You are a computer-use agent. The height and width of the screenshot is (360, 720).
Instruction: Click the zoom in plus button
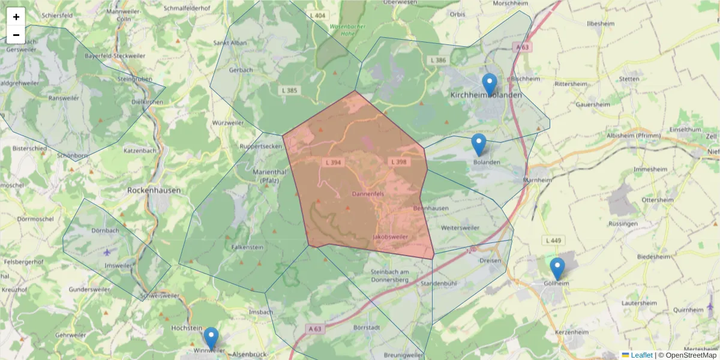16,17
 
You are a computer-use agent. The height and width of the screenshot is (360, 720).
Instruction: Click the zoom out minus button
16,35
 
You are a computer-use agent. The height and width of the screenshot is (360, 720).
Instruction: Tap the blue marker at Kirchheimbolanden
490,85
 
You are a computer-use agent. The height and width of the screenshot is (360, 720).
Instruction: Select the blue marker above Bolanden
478,145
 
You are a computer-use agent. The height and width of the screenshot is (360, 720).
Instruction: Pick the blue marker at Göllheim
557,269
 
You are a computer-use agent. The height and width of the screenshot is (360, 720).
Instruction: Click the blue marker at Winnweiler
211,338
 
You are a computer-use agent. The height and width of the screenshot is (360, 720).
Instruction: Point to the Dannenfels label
368,194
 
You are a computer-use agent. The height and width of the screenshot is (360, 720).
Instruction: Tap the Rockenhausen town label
154,190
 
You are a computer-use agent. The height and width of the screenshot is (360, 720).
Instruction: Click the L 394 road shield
332,162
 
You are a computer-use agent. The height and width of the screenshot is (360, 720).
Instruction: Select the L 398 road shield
398,162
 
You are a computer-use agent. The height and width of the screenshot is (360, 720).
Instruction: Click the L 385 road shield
289,91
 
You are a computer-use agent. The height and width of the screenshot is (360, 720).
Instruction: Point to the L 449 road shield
554,241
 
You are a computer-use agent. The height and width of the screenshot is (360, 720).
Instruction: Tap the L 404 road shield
319,16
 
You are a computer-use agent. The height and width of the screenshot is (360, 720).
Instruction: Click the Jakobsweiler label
391,237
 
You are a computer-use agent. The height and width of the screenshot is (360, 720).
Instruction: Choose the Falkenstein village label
247,247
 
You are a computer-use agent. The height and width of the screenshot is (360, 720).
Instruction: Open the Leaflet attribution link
641,355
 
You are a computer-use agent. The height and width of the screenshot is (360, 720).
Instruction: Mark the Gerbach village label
241,70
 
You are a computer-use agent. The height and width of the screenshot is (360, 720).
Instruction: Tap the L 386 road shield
439,61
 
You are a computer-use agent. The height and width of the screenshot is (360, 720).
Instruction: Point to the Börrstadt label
368,328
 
